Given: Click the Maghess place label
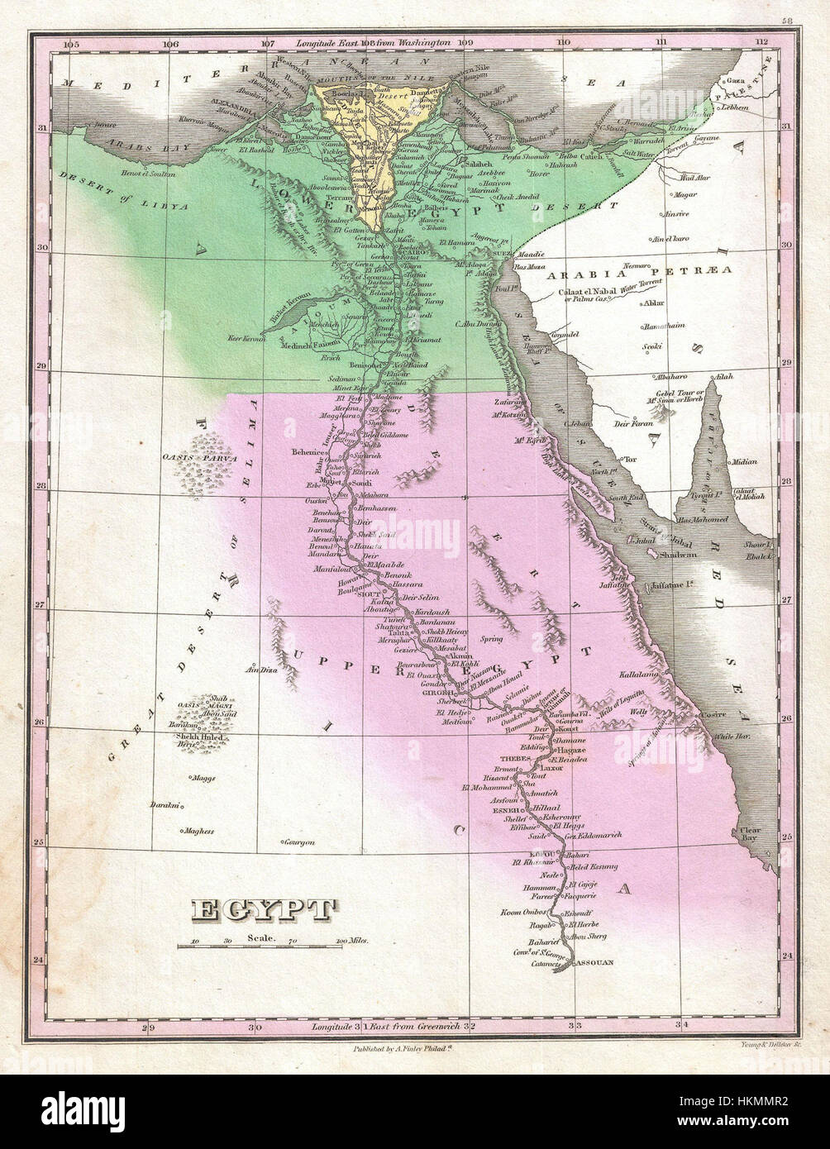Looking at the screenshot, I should click(199, 831).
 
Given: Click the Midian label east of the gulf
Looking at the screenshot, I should click(744, 463).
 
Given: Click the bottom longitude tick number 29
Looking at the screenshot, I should click(148, 1028).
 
